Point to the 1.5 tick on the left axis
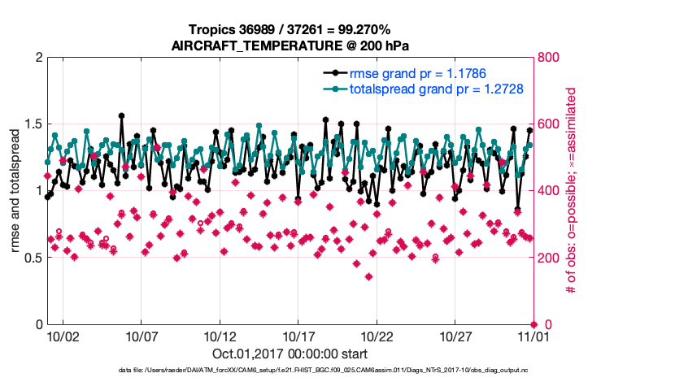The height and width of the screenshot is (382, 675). [28, 124]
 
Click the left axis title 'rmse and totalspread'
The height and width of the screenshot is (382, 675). [15, 191]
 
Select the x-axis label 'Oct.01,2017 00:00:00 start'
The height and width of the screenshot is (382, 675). [290, 354]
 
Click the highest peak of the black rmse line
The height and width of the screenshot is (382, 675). [121, 115]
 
